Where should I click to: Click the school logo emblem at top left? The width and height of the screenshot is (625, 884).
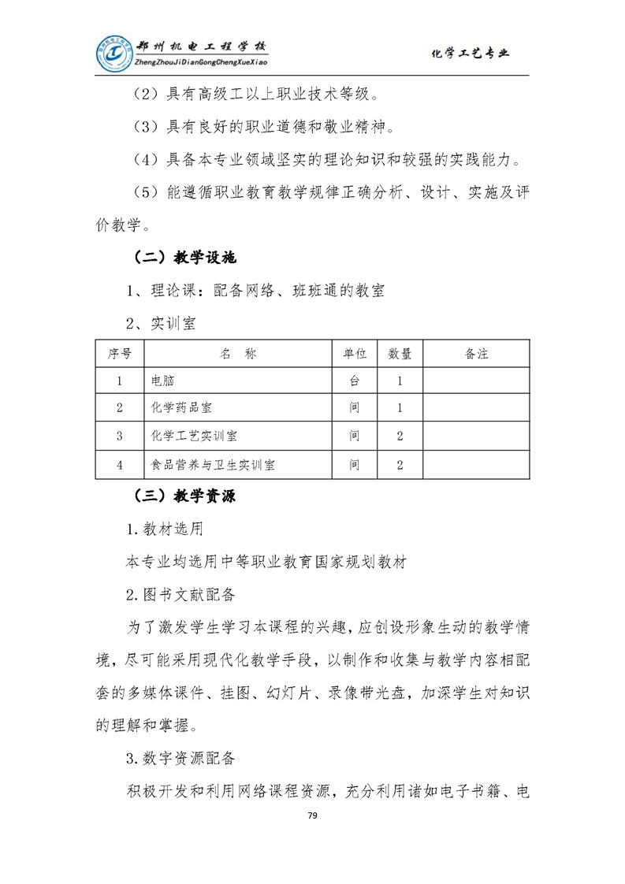(x=115, y=53)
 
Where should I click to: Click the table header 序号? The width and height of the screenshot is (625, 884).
(x=119, y=354)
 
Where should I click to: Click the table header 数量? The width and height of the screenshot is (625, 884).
(x=400, y=354)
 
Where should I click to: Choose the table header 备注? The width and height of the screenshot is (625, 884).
(x=477, y=354)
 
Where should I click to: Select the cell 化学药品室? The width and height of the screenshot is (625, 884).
(x=180, y=408)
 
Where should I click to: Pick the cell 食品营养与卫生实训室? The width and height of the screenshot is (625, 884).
(x=213, y=464)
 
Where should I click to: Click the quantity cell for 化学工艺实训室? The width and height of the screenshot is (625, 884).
(x=400, y=436)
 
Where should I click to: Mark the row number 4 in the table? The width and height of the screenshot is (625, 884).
(x=119, y=464)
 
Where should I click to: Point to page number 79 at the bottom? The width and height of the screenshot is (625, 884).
(x=312, y=815)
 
